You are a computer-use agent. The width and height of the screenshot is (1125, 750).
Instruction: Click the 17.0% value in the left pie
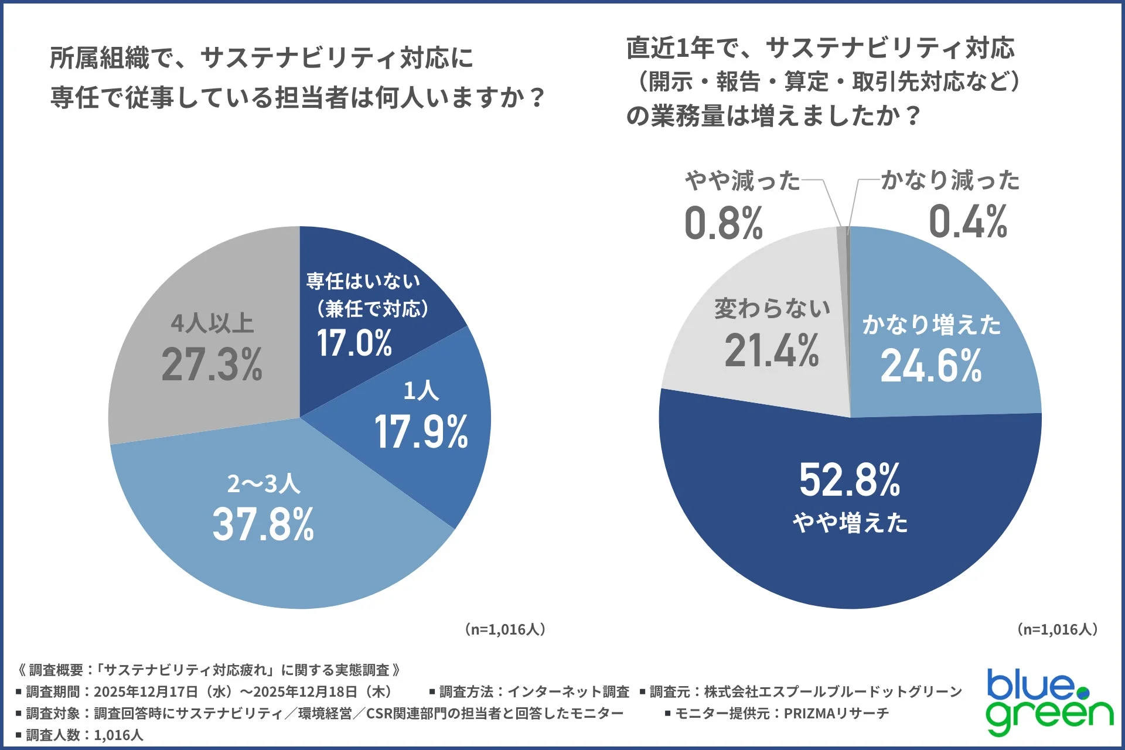(354, 343)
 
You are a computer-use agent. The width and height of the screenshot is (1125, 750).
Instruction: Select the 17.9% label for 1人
(421, 432)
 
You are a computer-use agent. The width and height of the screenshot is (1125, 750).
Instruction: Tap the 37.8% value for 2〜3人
(263, 524)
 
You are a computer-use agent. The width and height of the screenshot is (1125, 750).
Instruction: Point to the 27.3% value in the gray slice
(212, 364)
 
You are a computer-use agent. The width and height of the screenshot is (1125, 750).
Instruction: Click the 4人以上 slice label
(212, 323)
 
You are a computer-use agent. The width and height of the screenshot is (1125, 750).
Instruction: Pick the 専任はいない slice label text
(363, 281)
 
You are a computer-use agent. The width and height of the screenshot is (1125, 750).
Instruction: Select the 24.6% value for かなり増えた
(930, 366)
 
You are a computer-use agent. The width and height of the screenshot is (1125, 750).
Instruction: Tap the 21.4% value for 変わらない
(772, 351)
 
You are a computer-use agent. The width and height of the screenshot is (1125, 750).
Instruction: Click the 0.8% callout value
(724, 223)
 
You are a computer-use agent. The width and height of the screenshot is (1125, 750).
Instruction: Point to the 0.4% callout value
(968, 222)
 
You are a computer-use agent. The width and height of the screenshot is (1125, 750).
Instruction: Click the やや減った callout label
(742, 180)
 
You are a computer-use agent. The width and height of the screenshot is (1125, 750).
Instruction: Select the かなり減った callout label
(950, 180)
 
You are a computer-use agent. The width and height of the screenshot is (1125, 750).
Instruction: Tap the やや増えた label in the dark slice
(850, 522)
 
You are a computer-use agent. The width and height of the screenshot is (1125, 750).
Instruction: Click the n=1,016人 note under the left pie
(505, 629)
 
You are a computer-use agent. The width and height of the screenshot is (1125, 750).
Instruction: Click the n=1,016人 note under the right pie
(1057, 629)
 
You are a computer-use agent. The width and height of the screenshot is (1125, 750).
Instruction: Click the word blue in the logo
(1031, 686)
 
